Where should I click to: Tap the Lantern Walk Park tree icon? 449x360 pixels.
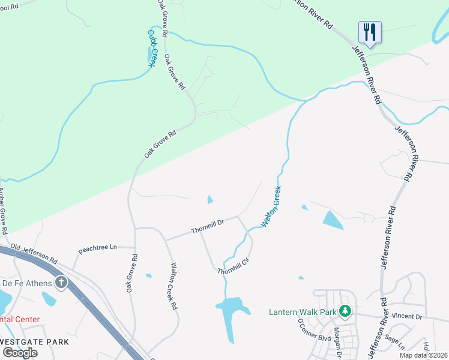point(345,311)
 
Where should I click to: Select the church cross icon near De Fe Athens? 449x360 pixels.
point(61,283)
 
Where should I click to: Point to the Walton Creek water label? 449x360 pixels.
point(271,206)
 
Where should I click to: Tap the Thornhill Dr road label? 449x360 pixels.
point(207,226)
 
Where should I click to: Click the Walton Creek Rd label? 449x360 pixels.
point(173,286)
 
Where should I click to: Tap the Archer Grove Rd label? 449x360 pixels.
point(2,211)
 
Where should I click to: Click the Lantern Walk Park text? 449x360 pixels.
point(302,311)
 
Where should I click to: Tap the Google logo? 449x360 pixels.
point(20,353)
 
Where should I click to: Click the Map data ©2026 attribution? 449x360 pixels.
point(424,355)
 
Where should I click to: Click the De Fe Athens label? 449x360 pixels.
point(25,283)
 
